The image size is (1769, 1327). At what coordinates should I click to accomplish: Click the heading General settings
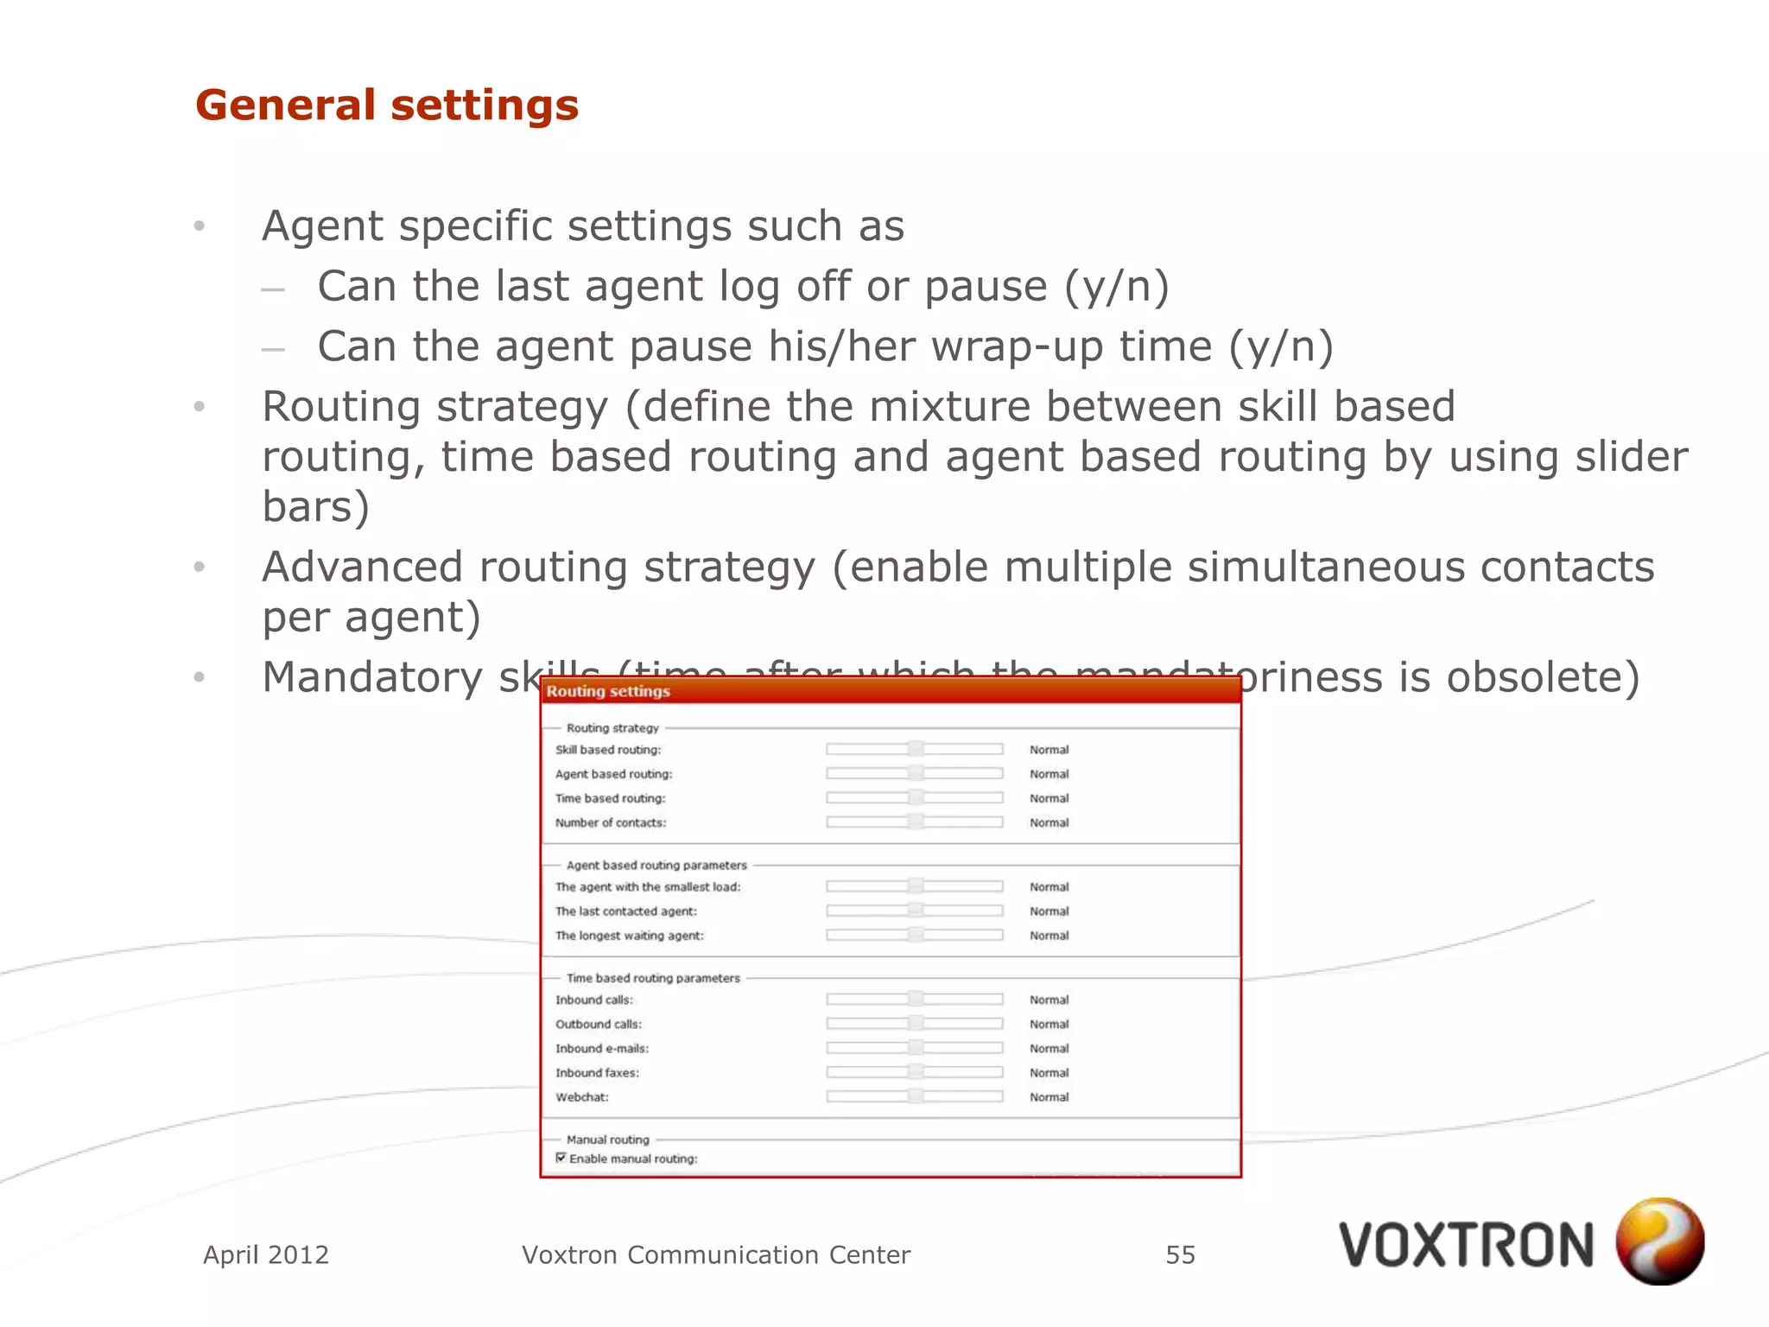tap(387, 105)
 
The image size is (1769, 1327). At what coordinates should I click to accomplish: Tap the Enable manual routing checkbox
tap(561, 1158)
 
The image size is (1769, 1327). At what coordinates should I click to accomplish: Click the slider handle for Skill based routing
tap(916, 749)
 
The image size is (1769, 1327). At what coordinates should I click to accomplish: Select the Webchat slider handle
tap(916, 1096)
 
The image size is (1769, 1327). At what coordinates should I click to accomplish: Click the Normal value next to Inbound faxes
tap(1049, 1072)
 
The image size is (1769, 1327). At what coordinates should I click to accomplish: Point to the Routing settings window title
tap(608, 691)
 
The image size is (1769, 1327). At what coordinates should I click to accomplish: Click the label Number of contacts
tap(611, 822)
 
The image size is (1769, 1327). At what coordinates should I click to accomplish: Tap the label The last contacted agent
tap(626, 911)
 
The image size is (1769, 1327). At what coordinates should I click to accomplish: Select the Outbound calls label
tap(599, 1024)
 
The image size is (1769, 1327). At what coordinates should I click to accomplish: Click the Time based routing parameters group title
tap(653, 978)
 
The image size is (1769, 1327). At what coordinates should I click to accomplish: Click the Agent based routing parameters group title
tap(656, 865)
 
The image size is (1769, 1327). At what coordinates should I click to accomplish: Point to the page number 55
tap(1180, 1254)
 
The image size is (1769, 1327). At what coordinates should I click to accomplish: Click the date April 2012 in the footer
tap(266, 1254)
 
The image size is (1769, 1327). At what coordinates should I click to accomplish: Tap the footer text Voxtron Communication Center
tap(716, 1254)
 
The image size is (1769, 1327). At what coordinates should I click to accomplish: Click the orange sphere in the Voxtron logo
tap(1659, 1241)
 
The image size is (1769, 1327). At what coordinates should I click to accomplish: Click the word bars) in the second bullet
tap(316, 506)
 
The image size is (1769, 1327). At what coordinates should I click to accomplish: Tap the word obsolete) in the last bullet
tap(1543, 676)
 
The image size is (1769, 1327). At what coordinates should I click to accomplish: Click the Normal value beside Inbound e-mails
tap(1049, 1048)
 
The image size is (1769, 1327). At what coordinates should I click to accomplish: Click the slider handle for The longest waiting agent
tap(916, 935)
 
